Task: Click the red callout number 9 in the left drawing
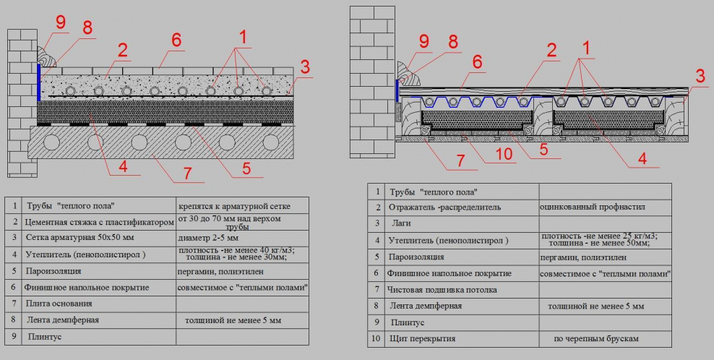point(61,22)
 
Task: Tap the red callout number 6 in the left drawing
point(176,40)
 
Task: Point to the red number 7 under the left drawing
point(187,173)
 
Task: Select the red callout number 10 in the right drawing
point(504,154)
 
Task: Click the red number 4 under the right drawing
point(642,158)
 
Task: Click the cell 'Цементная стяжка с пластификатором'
point(99,222)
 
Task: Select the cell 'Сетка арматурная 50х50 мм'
point(79,237)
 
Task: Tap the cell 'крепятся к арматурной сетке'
point(234,206)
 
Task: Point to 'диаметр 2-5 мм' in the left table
point(208,238)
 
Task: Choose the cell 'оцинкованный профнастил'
point(593,207)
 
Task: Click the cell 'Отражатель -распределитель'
point(444,207)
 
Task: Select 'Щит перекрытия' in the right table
point(423,338)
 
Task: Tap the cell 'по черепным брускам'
point(596,338)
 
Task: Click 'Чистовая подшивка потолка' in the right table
point(442,290)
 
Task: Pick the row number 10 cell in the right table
point(376,338)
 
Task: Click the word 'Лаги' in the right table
point(401,223)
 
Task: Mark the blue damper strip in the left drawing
point(39,82)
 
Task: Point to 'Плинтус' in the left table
point(45,337)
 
